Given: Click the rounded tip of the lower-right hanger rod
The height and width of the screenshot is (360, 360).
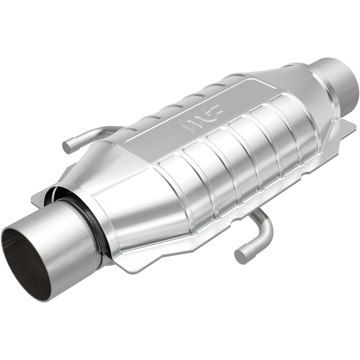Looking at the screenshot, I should [241, 256].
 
